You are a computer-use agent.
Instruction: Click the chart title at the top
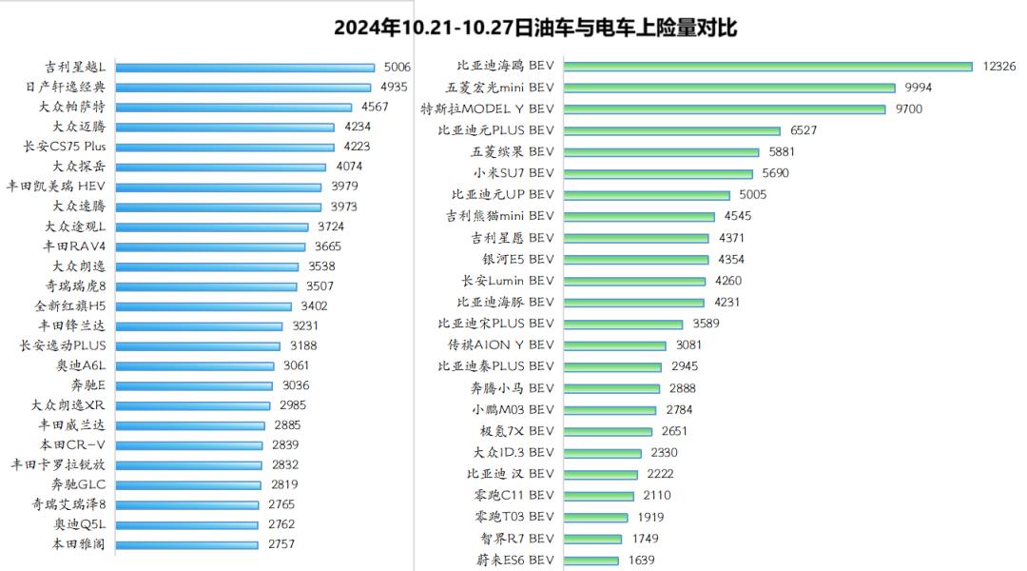pos(535,28)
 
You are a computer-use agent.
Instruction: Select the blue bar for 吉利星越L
pos(245,68)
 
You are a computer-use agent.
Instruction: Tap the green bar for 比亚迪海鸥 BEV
pos(767,66)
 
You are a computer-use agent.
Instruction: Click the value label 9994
pos(918,88)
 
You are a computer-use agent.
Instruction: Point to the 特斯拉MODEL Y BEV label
pos(487,109)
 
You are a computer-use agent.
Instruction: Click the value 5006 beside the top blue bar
pos(397,68)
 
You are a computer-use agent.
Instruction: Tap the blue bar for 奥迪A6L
pos(194,365)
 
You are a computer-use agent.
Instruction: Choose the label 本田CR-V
pos(71,444)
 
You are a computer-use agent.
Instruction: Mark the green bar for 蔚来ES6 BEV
pos(591,560)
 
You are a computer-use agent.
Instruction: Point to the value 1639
pos(641,560)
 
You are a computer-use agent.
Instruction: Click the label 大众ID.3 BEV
pos(513,452)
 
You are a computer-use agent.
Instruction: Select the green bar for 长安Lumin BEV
pos(634,281)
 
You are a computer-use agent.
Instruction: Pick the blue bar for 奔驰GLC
pos(188,484)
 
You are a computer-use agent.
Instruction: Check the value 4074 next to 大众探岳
pos(349,167)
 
